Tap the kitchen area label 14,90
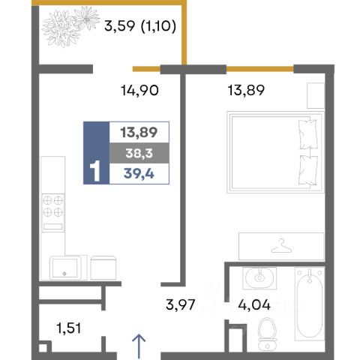[x=139, y=90]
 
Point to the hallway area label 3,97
[x=180, y=304]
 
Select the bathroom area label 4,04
[x=254, y=304]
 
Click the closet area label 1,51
[x=69, y=328]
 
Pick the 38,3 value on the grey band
[x=139, y=153]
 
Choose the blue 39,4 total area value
[x=139, y=173]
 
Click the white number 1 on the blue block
[x=95, y=171]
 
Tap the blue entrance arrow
[x=139, y=346]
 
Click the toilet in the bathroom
[x=267, y=334]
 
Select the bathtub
[x=310, y=304]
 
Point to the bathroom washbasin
[x=259, y=278]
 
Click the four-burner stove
[x=53, y=212]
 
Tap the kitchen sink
[x=65, y=268]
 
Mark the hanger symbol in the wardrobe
[x=282, y=246]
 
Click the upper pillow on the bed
[x=308, y=134]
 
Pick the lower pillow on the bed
[x=308, y=170]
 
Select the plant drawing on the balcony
[x=70, y=26]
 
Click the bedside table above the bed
[x=316, y=95]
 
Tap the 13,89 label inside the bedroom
[x=246, y=90]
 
